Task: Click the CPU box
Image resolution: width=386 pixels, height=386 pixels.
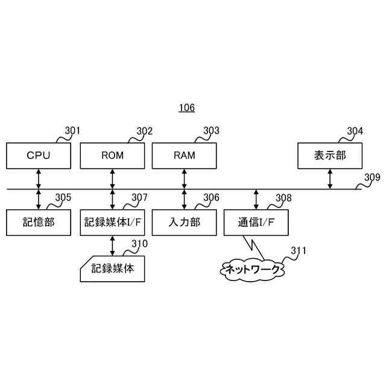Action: pos(39,156)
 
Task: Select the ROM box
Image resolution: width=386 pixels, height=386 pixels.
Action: pos(112,156)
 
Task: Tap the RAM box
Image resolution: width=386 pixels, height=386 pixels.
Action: pos(184,156)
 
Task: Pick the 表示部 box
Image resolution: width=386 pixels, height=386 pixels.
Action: pos(330,156)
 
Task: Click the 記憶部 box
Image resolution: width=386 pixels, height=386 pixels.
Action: pos(39,222)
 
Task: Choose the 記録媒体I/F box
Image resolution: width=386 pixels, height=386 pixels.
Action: pos(112,222)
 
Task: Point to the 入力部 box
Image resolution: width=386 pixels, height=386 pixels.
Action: pos(184,222)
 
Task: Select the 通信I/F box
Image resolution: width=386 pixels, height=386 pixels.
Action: pos(256,222)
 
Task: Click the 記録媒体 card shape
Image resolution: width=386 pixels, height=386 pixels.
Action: pos(113,269)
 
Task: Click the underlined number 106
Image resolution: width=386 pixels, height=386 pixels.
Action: pos(186,109)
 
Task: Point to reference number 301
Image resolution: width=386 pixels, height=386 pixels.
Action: pos(72,131)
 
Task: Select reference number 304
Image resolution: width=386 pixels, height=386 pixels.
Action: pos(355,131)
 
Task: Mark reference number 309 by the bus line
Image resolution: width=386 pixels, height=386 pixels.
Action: pos(372,178)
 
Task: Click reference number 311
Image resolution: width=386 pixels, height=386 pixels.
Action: pos(298,250)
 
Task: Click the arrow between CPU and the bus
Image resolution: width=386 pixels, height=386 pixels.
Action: pos(39,179)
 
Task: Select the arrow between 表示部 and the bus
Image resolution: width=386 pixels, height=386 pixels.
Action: pos(330,179)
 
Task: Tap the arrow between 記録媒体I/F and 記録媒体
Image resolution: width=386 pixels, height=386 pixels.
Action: pos(112,245)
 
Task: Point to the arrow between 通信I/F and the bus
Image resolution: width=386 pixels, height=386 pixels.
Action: pos(256,200)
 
